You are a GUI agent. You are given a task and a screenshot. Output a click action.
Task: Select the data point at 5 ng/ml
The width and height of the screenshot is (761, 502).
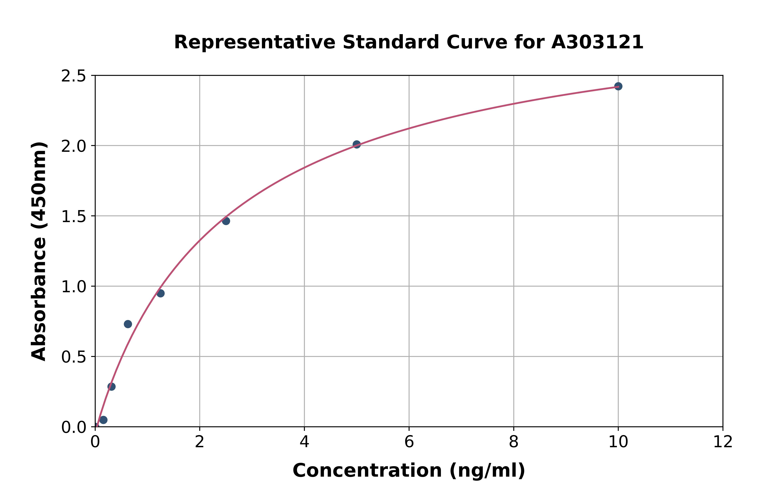[x=356, y=144]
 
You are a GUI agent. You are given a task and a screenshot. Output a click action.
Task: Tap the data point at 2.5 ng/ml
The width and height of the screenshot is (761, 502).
[x=226, y=221]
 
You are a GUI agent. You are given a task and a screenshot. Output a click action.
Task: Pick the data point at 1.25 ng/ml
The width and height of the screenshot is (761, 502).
[x=160, y=293]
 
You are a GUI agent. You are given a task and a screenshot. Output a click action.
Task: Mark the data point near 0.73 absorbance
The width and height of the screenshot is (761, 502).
[x=128, y=324]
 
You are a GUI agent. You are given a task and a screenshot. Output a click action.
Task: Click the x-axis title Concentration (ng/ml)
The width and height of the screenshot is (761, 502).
[x=409, y=471]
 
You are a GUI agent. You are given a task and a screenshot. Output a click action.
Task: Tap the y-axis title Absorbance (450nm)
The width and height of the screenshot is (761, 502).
[x=39, y=251]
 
